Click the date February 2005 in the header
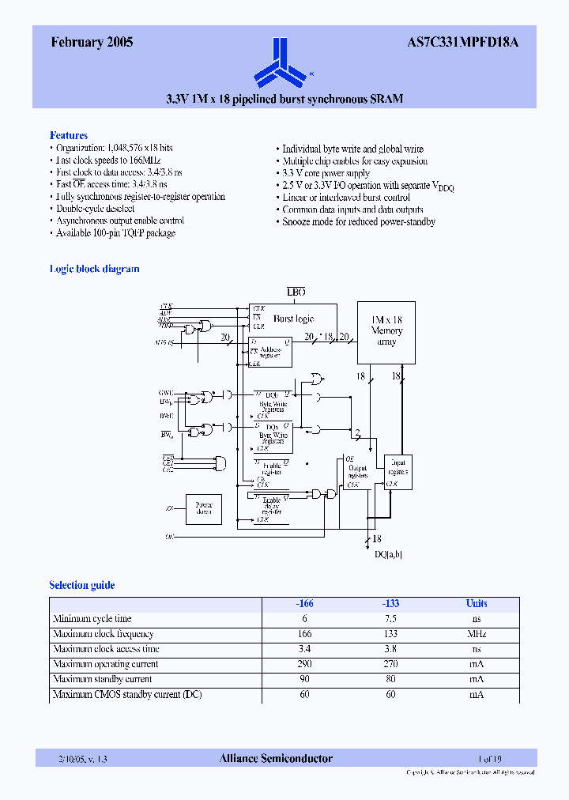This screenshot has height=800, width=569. [92, 43]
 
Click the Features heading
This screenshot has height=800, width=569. [69, 135]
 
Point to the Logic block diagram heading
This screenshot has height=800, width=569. [94, 269]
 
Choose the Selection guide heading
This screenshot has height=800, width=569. [81, 585]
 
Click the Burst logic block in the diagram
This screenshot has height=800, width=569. [293, 319]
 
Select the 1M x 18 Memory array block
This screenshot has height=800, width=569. [386, 330]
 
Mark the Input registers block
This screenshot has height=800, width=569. [398, 471]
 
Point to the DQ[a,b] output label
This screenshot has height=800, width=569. [388, 554]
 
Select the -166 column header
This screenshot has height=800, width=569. [304, 603]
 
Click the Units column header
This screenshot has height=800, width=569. [477, 603]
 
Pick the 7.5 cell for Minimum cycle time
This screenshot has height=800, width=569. [390, 619]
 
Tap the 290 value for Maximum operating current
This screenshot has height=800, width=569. [304, 664]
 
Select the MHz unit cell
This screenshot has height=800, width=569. [477, 634]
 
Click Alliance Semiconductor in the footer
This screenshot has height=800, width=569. [276, 758]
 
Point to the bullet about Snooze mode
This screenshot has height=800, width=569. [359, 221]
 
